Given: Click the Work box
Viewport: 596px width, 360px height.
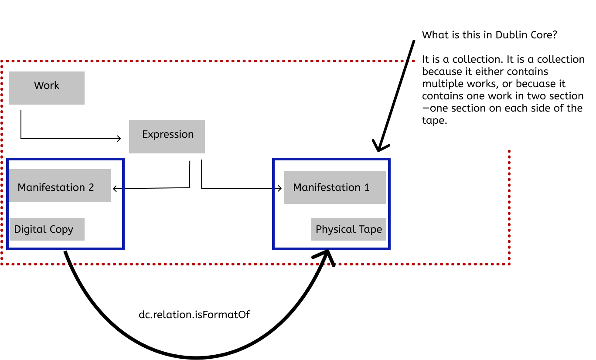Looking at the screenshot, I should click(x=47, y=88).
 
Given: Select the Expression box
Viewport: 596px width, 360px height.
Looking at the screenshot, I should click(x=167, y=136).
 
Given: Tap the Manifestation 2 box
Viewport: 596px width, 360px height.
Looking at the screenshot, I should click(x=60, y=186).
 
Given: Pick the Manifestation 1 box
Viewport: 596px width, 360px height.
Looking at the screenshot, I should click(x=335, y=187).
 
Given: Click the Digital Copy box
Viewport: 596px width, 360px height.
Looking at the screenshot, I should click(x=47, y=229).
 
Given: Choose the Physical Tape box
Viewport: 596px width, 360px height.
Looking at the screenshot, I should click(x=349, y=229).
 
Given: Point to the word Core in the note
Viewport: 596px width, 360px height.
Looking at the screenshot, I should click(x=543, y=35).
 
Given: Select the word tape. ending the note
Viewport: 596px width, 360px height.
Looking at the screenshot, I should click(x=435, y=121).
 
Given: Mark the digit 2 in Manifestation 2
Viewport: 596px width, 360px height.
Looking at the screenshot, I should click(x=91, y=187).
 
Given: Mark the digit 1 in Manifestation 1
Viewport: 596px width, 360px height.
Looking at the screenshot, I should click(x=367, y=187).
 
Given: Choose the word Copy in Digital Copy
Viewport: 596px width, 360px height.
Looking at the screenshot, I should click(x=61, y=229).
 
